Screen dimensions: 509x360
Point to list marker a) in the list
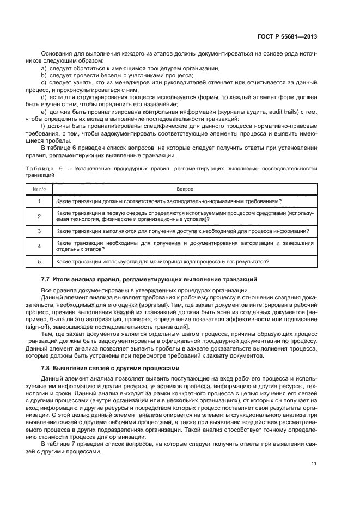(44, 68)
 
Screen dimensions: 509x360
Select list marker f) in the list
(44, 126)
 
